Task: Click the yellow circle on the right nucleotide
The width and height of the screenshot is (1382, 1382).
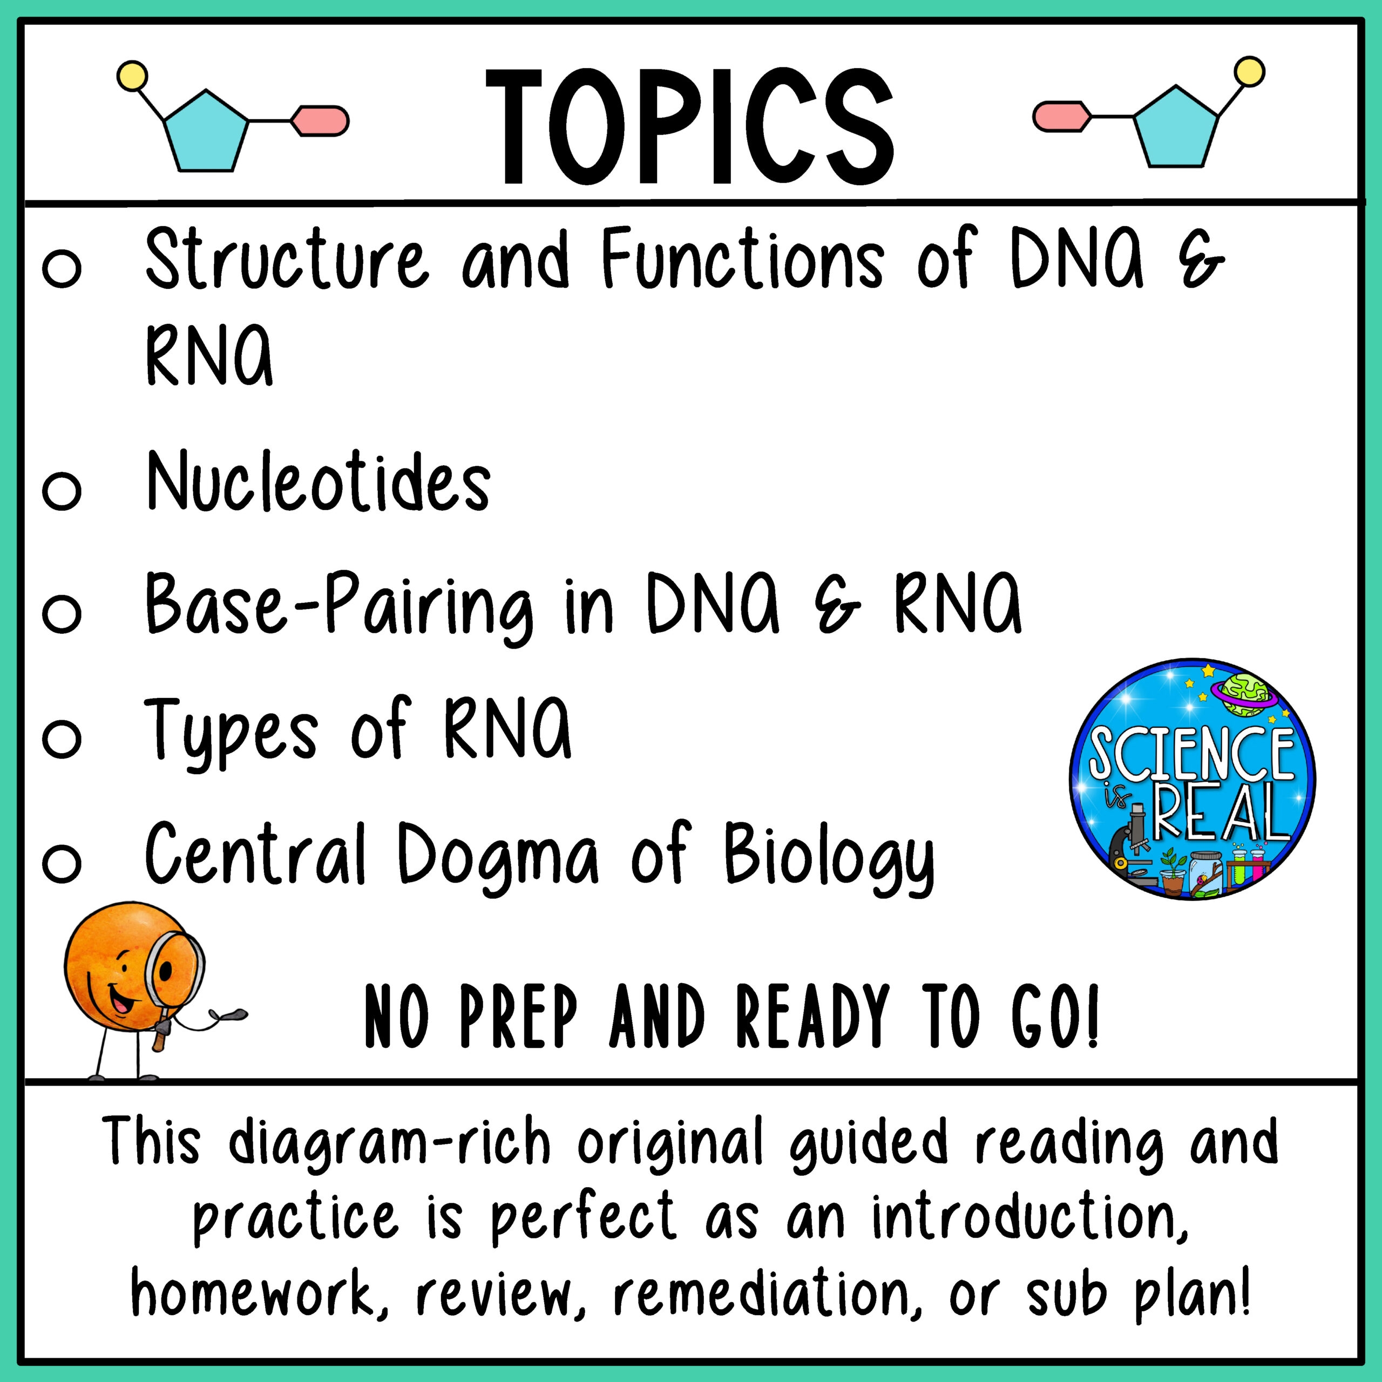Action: tap(1250, 73)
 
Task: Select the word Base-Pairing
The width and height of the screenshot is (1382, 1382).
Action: tap(339, 607)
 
